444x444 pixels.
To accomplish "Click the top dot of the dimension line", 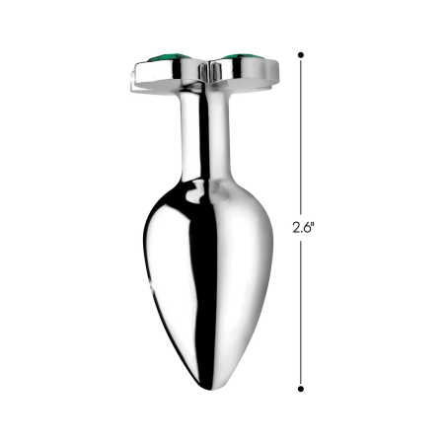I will (x=302, y=56).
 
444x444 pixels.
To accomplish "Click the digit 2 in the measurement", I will (x=296, y=226).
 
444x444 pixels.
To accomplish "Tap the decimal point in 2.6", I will (x=302, y=230).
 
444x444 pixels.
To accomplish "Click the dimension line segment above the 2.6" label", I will (x=302, y=138).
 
